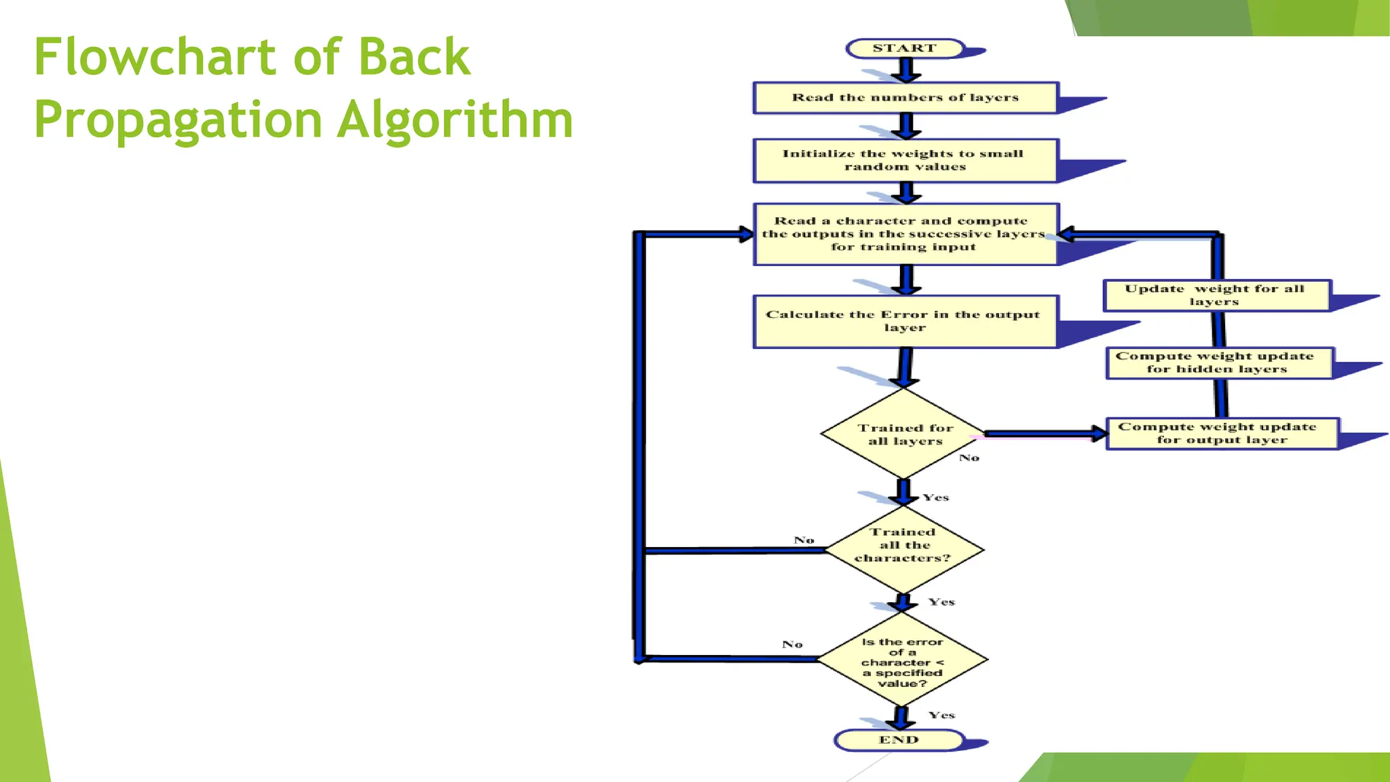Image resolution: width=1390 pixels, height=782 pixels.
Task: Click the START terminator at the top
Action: click(905, 48)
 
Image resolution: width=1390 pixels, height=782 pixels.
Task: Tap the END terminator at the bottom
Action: click(899, 740)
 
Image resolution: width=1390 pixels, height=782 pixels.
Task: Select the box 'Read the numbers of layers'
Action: click(905, 98)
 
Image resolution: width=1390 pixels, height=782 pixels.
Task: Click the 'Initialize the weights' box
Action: click(905, 160)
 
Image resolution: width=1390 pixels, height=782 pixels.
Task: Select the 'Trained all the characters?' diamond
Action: click(903, 546)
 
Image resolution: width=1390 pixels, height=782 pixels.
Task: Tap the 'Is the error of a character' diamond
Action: click(902, 662)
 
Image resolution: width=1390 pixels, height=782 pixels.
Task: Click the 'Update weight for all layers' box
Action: click(1216, 295)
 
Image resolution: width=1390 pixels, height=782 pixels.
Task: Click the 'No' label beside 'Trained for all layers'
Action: click(969, 458)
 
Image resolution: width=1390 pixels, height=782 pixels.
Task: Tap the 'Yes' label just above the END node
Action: click(941, 715)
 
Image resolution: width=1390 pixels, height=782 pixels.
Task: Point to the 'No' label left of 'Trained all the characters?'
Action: click(804, 540)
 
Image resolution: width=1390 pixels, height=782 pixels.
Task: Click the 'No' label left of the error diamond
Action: click(792, 644)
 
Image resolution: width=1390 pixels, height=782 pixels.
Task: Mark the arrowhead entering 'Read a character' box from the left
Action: click(746, 234)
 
